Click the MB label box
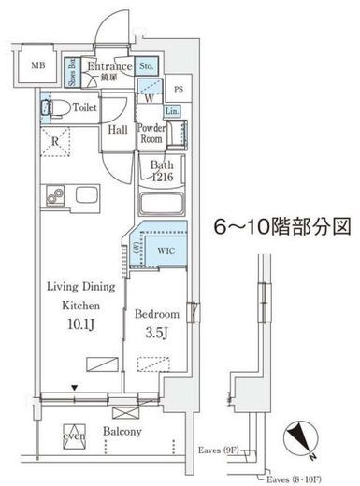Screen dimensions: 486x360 [37, 65]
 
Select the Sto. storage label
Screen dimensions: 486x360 [148, 66]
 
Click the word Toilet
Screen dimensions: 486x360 [86, 107]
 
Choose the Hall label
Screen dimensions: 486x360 [118, 130]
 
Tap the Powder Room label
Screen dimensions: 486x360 [151, 132]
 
